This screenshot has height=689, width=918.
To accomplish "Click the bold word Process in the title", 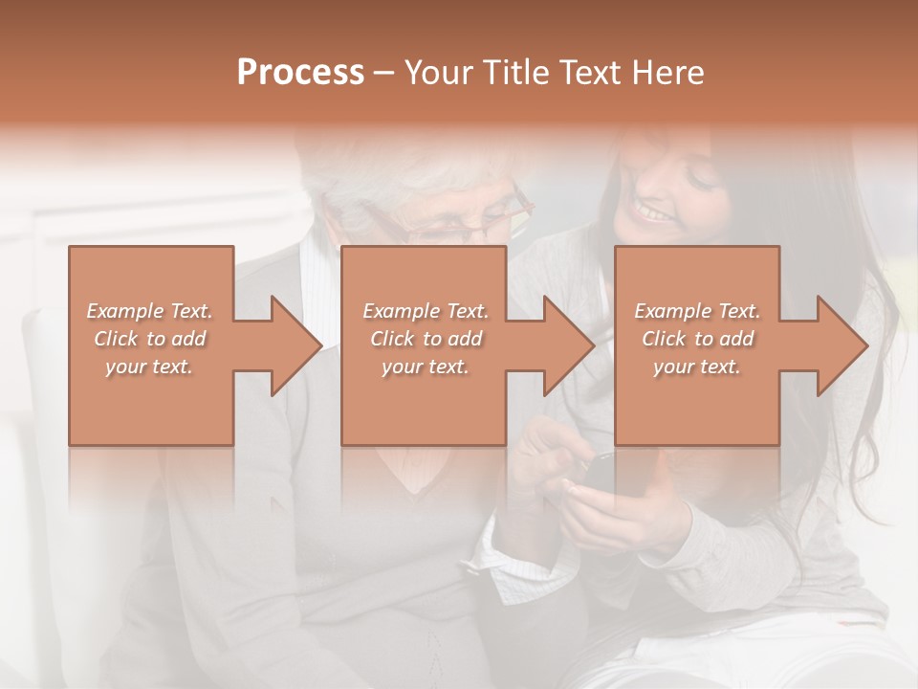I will click(x=300, y=73).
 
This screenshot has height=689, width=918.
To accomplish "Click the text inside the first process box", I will click(x=149, y=339).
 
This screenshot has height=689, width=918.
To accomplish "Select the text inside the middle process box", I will click(x=425, y=339).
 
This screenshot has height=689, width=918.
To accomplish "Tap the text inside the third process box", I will click(x=696, y=339).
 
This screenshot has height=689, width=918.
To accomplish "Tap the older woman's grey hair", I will click(x=402, y=177).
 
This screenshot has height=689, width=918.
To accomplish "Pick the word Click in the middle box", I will click(x=392, y=339).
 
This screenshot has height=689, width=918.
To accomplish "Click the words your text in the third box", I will click(x=696, y=367).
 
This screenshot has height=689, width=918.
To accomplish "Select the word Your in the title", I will click(x=437, y=73).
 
